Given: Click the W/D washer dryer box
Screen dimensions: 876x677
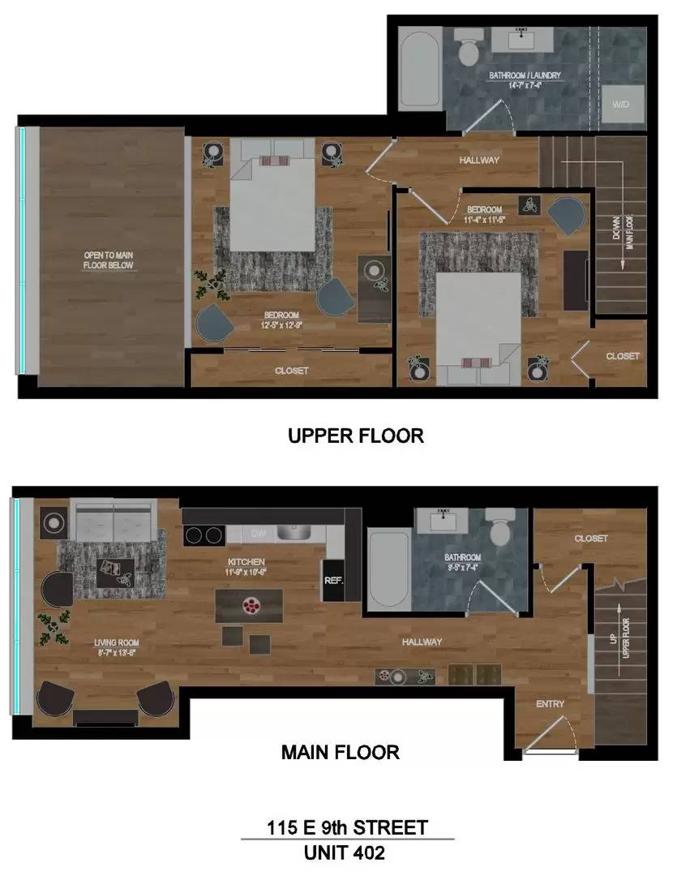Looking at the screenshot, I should pos(621,104).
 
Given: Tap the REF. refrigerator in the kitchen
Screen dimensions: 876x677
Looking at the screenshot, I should pos(333,581).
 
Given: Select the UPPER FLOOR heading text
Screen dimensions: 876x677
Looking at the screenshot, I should pos(356,436).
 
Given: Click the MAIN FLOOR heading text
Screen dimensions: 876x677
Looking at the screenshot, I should pos(340,752).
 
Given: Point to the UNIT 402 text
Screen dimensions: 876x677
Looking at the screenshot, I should pos(344,852).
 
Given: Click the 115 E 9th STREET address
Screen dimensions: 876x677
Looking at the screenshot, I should pos(347,828).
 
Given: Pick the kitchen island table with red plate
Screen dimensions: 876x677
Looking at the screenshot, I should pos(249,605).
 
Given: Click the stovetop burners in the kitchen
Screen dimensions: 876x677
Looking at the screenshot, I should pos(204,535).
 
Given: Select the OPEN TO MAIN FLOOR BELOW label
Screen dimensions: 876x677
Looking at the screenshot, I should pos(109,260).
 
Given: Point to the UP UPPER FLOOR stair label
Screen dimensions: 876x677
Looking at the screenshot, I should pos(620,636).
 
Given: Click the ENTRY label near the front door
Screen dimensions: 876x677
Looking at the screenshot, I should pos(550,704).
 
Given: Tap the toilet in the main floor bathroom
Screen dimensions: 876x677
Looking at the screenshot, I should pos(497,529).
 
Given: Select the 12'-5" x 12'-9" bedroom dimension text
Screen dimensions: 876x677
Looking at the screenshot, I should pos(281,325).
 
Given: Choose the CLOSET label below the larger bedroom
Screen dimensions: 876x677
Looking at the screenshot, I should pos(291,371).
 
